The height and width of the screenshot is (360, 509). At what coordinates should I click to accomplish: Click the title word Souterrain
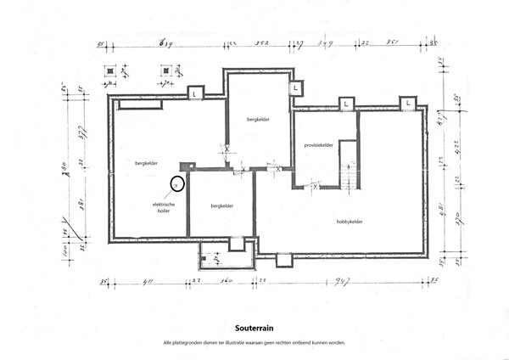[x=254, y=325]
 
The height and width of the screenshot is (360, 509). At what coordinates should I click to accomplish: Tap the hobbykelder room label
[x=350, y=222]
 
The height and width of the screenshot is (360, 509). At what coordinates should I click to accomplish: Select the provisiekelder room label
[x=318, y=145]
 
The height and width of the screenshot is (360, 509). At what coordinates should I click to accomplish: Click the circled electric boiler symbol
[x=175, y=183]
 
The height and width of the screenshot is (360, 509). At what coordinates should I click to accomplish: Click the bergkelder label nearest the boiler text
[x=146, y=162]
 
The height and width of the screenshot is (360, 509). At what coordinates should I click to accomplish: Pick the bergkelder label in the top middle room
[x=258, y=120]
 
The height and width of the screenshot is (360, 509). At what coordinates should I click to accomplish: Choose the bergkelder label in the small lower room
[x=222, y=205]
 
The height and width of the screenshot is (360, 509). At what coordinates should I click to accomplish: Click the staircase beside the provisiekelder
[x=348, y=177]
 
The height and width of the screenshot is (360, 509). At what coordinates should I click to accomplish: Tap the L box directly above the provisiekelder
[x=346, y=104]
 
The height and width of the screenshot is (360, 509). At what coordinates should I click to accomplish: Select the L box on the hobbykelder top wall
[x=408, y=103]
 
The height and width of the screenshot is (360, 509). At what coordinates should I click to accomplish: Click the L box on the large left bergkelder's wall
[x=195, y=92]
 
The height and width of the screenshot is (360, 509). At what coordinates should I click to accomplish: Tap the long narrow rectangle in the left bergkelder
[x=139, y=104]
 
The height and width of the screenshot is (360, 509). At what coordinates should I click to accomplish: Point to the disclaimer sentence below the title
[x=254, y=341]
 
